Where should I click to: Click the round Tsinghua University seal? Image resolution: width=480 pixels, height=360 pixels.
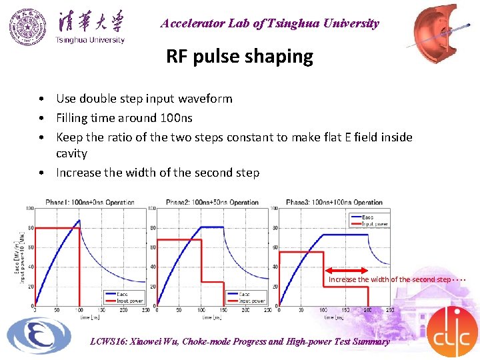coord(29,27)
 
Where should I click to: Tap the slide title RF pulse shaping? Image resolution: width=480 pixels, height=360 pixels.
coord(239,57)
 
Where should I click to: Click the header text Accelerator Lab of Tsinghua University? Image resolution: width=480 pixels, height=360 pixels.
coord(269,23)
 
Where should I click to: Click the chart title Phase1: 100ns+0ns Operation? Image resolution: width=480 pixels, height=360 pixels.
coord(89,202)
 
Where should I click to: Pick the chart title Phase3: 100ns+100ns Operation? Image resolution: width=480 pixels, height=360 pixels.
coord(334,202)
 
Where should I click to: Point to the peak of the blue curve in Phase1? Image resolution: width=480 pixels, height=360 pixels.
coord(79,221)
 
